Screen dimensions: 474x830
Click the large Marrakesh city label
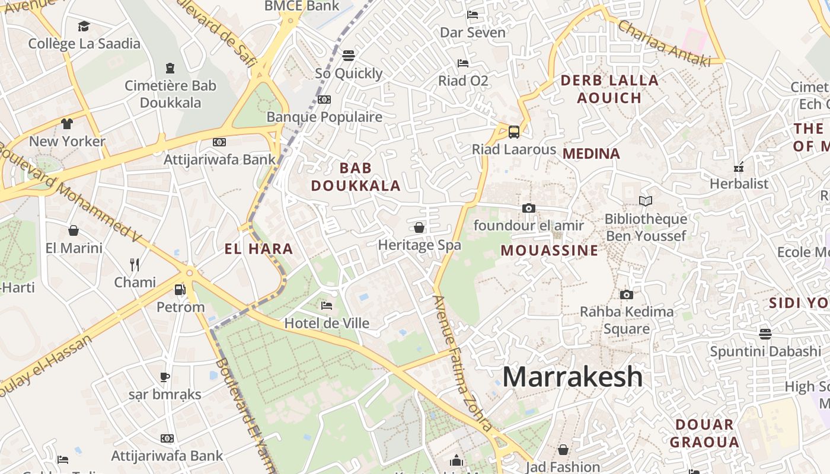(572, 377)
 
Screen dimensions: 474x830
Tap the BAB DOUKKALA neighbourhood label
(356, 177)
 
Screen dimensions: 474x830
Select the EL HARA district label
(259, 249)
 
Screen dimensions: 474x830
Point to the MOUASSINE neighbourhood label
(550, 250)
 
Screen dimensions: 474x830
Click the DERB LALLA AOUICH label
(609, 89)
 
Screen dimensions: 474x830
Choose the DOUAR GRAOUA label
(704, 433)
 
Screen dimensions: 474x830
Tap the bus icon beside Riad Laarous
(514, 132)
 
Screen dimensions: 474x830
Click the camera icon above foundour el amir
(528, 208)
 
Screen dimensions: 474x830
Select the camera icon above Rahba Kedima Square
(626, 294)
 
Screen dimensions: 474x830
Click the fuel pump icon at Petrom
(180, 290)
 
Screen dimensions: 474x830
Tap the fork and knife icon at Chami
(135, 264)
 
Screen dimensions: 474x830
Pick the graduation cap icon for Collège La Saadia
(84, 27)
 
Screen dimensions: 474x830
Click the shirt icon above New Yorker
(66, 124)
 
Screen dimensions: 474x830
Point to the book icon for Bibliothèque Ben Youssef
(645, 201)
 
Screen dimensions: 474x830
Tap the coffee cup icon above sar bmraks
(164, 377)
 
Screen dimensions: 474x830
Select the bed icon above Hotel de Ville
(326, 306)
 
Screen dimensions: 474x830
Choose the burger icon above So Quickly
(349, 56)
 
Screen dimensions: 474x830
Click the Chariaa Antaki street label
(663, 43)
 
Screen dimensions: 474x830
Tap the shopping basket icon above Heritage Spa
(419, 228)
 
